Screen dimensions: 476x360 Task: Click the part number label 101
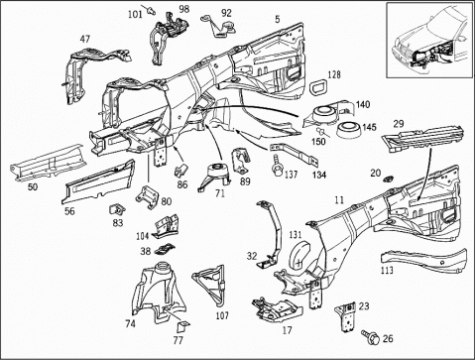[135, 15]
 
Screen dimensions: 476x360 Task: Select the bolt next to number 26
[371, 336]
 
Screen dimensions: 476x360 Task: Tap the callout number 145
[369, 127]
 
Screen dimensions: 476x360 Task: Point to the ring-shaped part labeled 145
[349, 130]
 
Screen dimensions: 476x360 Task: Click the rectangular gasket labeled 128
[318, 86]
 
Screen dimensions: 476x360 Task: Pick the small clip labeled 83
[117, 209]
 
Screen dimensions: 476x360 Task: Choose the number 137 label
[292, 175]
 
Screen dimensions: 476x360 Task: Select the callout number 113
[387, 270]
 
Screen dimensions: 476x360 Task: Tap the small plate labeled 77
[182, 326]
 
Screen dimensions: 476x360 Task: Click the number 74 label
[131, 323]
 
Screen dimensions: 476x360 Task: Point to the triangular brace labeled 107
[209, 287]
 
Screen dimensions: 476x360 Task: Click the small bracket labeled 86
[180, 170]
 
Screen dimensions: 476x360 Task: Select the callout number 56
[69, 210]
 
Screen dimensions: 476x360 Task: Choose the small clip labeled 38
[165, 249]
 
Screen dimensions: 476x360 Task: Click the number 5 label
[278, 19]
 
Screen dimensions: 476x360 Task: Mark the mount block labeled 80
[148, 197]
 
